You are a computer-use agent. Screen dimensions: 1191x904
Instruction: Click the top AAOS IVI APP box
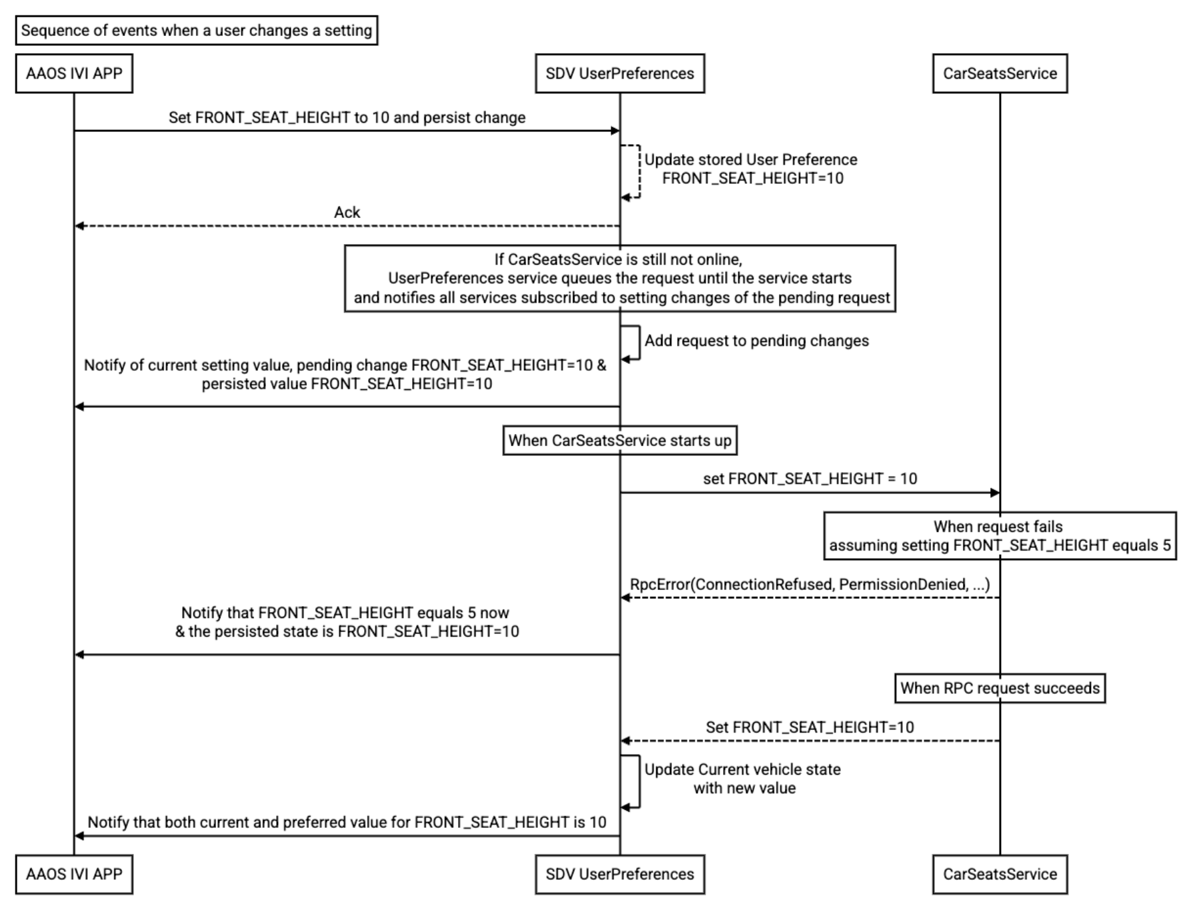(74, 73)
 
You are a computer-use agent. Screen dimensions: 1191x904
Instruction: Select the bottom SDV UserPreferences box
(620, 874)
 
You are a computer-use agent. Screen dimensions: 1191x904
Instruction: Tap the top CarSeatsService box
(1000, 73)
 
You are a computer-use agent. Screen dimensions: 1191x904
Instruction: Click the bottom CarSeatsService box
(1000, 874)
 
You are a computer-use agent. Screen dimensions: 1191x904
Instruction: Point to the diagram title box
(197, 31)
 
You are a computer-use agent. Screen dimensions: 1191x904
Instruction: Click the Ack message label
(347, 212)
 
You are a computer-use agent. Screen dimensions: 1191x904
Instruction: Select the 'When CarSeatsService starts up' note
(620, 440)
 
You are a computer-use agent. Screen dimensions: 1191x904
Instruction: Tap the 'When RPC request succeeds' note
(1000, 688)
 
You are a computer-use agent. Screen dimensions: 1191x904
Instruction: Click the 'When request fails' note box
(1000, 535)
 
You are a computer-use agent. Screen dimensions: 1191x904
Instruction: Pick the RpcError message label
(810, 585)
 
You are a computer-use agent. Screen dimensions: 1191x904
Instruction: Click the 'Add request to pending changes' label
(757, 341)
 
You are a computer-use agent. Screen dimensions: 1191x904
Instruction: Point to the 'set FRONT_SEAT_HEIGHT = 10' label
(810, 479)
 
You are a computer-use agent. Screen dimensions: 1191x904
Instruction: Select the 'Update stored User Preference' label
(751, 160)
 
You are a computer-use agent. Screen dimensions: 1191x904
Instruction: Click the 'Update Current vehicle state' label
(742, 769)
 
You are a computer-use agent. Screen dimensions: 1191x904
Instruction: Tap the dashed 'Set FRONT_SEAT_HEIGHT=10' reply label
(810, 727)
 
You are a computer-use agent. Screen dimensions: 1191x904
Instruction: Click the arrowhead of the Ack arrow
(79, 226)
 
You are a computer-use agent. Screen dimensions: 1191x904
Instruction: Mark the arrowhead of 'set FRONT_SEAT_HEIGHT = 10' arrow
(994, 493)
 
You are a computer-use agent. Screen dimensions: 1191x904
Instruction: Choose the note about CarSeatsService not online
(620, 278)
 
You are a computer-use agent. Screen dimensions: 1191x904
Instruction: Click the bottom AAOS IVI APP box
(74, 874)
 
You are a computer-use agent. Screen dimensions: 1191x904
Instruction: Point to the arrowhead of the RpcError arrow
(626, 597)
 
